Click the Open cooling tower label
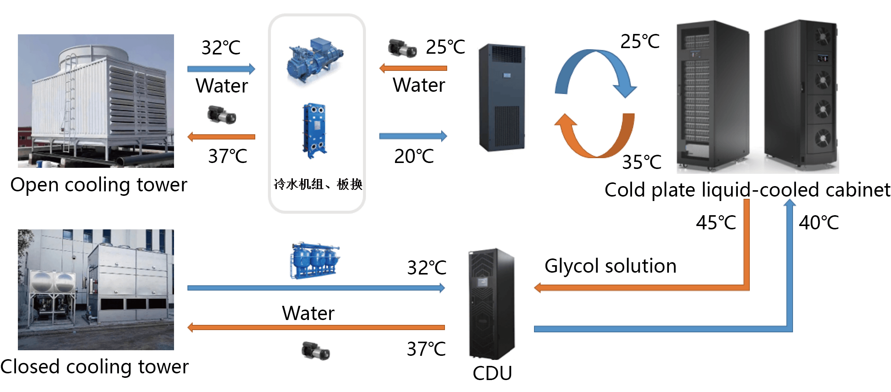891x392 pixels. pos(99,185)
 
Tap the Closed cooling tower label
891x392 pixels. pos(95,367)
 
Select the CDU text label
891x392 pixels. pos(492,373)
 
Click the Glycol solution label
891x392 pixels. pos(610,266)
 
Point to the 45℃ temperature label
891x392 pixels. pos(716,223)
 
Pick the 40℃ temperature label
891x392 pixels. pos(819,223)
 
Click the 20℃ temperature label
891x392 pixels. pos(414,156)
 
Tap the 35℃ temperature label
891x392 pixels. pos(642,162)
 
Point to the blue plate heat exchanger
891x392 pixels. pos(314,130)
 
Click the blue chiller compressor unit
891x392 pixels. pos(315,60)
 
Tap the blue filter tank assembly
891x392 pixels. pos(315,261)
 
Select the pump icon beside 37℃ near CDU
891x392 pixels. pos(315,351)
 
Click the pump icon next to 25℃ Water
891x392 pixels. pos(402,48)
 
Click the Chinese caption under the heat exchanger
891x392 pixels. pos(318,184)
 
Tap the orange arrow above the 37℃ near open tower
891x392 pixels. pos(221,137)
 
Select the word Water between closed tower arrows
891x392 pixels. pos(308,313)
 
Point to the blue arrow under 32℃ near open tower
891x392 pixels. pos(221,69)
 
